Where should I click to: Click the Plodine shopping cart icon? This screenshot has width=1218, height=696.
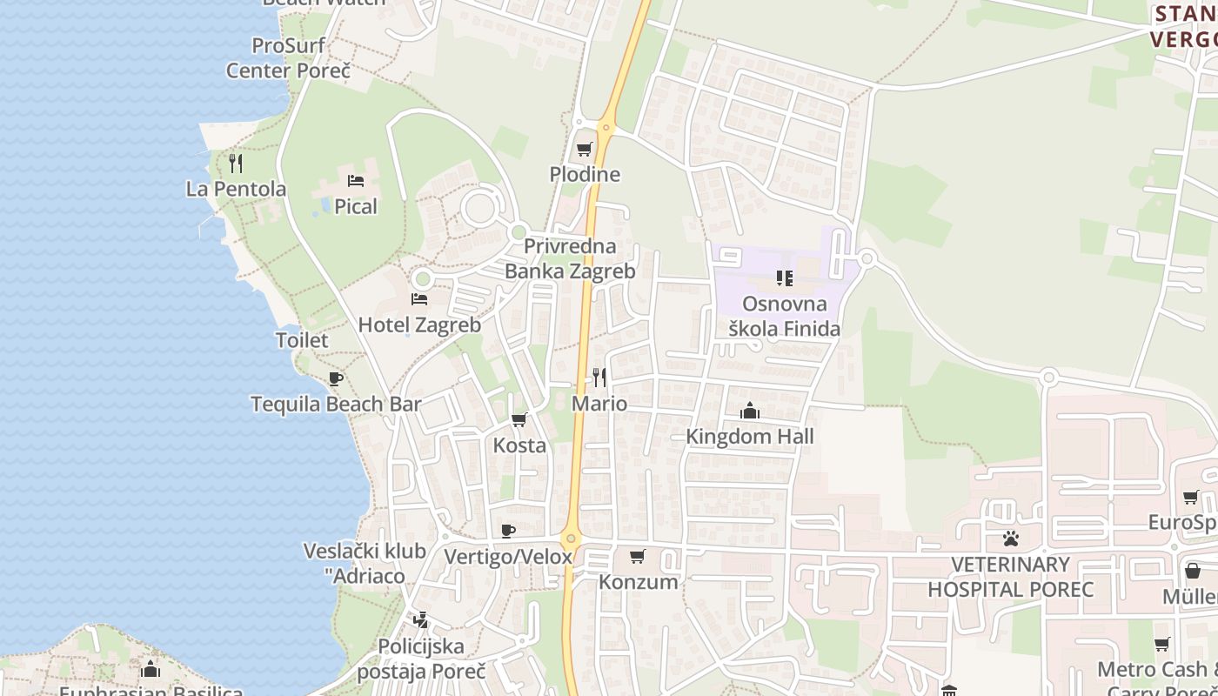point(584,150)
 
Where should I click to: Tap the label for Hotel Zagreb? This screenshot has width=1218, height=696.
point(419,325)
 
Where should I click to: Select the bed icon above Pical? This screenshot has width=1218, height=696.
point(356,181)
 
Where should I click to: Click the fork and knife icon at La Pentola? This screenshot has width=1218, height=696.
point(236,163)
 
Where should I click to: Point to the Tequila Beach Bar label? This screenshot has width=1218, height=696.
point(336,405)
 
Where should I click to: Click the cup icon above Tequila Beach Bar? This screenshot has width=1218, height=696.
point(336,378)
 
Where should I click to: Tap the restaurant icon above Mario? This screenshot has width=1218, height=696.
point(599,378)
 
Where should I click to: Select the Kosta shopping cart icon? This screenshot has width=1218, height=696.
point(519,420)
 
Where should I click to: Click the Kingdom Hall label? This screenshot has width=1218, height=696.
point(750,436)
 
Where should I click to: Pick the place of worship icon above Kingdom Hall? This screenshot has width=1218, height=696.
point(750,411)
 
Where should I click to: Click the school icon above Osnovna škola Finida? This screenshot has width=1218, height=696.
point(784,278)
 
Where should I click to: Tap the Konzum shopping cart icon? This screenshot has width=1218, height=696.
point(638,556)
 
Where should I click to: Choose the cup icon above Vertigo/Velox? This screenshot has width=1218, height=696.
point(509,531)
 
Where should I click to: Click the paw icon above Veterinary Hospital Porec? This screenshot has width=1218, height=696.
point(1010,539)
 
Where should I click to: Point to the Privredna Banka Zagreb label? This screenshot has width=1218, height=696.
point(570,258)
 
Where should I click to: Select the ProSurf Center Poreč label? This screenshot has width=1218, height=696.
point(288,57)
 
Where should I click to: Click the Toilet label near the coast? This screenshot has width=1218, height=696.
point(302,340)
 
